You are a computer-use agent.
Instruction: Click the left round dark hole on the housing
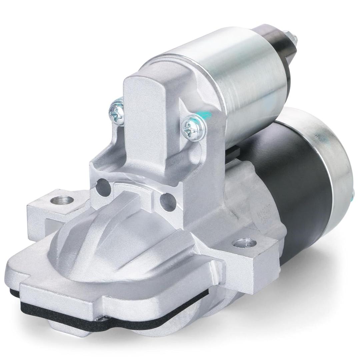pos(103,187)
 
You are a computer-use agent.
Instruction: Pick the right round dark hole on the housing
pos(167,201)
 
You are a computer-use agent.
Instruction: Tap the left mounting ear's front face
pos(37,220)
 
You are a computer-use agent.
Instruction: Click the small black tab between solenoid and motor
pos(233,152)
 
